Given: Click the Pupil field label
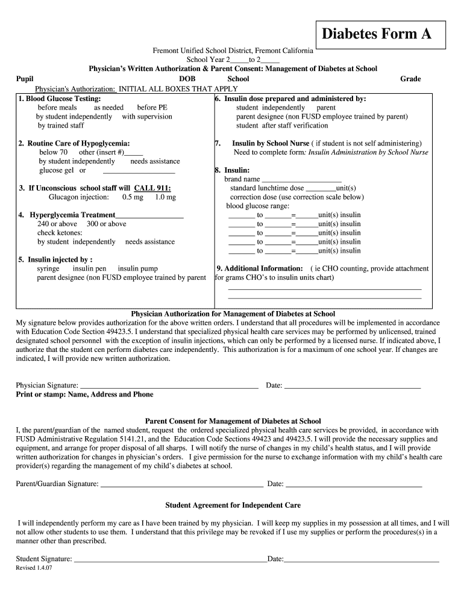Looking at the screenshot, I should [x=25, y=79].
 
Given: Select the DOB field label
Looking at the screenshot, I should [x=187, y=79].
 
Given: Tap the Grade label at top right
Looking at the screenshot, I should [x=410, y=79].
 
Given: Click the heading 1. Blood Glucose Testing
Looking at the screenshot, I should [x=60, y=99].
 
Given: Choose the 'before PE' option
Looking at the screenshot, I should [x=152, y=108].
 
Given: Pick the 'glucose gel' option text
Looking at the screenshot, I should [x=56, y=170].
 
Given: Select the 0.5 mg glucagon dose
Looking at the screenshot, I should [x=133, y=197].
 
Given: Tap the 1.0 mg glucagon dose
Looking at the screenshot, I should [x=165, y=197].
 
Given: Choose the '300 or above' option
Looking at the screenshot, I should [x=107, y=224].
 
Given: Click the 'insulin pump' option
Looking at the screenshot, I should [x=137, y=268].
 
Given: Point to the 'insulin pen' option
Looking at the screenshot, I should [x=89, y=268].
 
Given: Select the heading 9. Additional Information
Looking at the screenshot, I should [x=260, y=268].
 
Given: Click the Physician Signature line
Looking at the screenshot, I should [x=169, y=386].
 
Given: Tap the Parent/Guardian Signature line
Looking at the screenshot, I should [x=181, y=484].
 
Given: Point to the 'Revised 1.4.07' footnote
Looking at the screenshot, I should [x=34, y=568].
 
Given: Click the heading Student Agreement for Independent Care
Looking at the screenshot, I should [x=233, y=505].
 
